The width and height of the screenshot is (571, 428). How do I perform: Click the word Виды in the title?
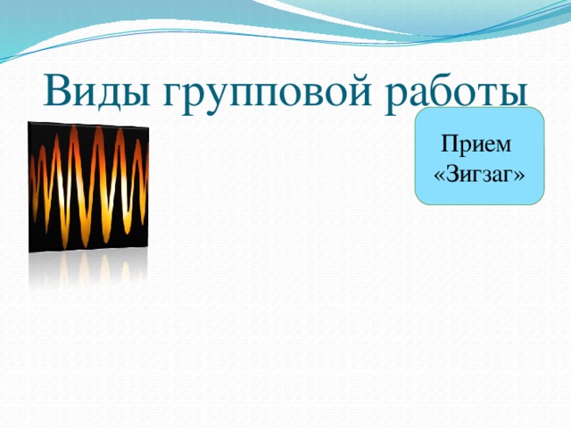coord(96,92)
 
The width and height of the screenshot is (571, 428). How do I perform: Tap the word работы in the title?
coord(456,95)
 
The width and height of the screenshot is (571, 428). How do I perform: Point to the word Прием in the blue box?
coord(476,144)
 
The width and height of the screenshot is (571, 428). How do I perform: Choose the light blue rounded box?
coord(480,156)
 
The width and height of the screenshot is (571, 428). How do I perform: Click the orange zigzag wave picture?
coord(88,187)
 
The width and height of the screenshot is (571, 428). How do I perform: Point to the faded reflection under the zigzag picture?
coord(88,269)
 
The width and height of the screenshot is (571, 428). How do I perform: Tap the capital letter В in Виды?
coord(56,91)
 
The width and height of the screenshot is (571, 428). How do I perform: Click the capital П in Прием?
coord(450,144)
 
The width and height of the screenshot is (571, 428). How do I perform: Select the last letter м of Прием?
coord(502,146)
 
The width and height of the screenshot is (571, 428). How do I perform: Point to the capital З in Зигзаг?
coord(452,175)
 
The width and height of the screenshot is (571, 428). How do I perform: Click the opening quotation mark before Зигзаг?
coord(440,177)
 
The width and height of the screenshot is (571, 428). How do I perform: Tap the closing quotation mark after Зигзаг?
coord(519,177)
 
